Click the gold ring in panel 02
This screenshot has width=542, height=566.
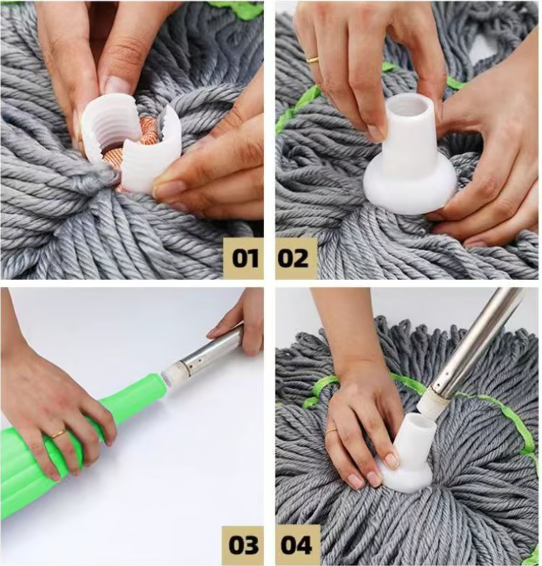click(x=312, y=59)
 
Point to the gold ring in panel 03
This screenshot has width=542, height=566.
click(x=58, y=434)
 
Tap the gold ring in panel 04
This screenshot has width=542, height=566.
click(x=331, y=431)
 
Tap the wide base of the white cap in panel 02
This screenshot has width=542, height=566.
click(x=408, y=188)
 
